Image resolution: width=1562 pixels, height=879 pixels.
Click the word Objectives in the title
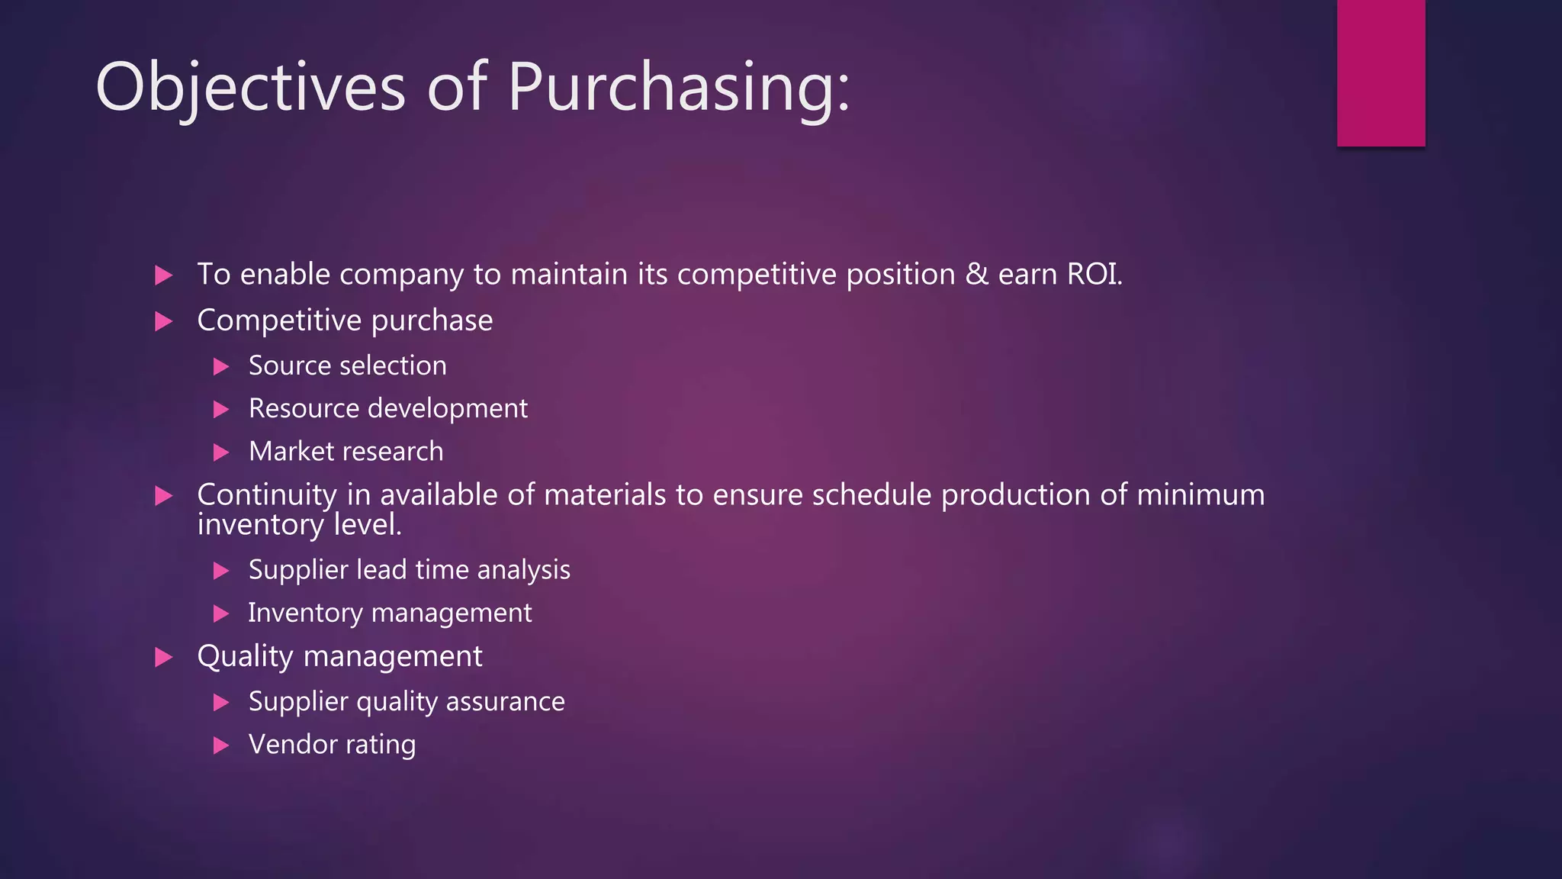pos(249,88)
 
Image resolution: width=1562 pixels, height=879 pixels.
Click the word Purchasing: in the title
pos(678,88)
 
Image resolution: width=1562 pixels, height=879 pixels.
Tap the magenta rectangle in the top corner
pos(1380,72)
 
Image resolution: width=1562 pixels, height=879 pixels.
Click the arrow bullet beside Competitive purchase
pos(163,321)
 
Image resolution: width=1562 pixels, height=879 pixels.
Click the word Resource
pos(304,409)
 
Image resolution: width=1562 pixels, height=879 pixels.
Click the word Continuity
pos(266,495)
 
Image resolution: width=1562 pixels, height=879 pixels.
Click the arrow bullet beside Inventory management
pos(221,613)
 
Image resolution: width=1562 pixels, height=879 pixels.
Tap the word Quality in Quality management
pos(245,657)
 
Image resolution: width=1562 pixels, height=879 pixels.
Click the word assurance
pos(505,702)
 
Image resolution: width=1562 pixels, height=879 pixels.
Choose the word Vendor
pos(292,745)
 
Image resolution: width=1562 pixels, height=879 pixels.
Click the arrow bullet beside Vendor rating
pos(221,745)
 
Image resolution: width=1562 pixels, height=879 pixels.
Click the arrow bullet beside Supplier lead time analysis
pos(221,571)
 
